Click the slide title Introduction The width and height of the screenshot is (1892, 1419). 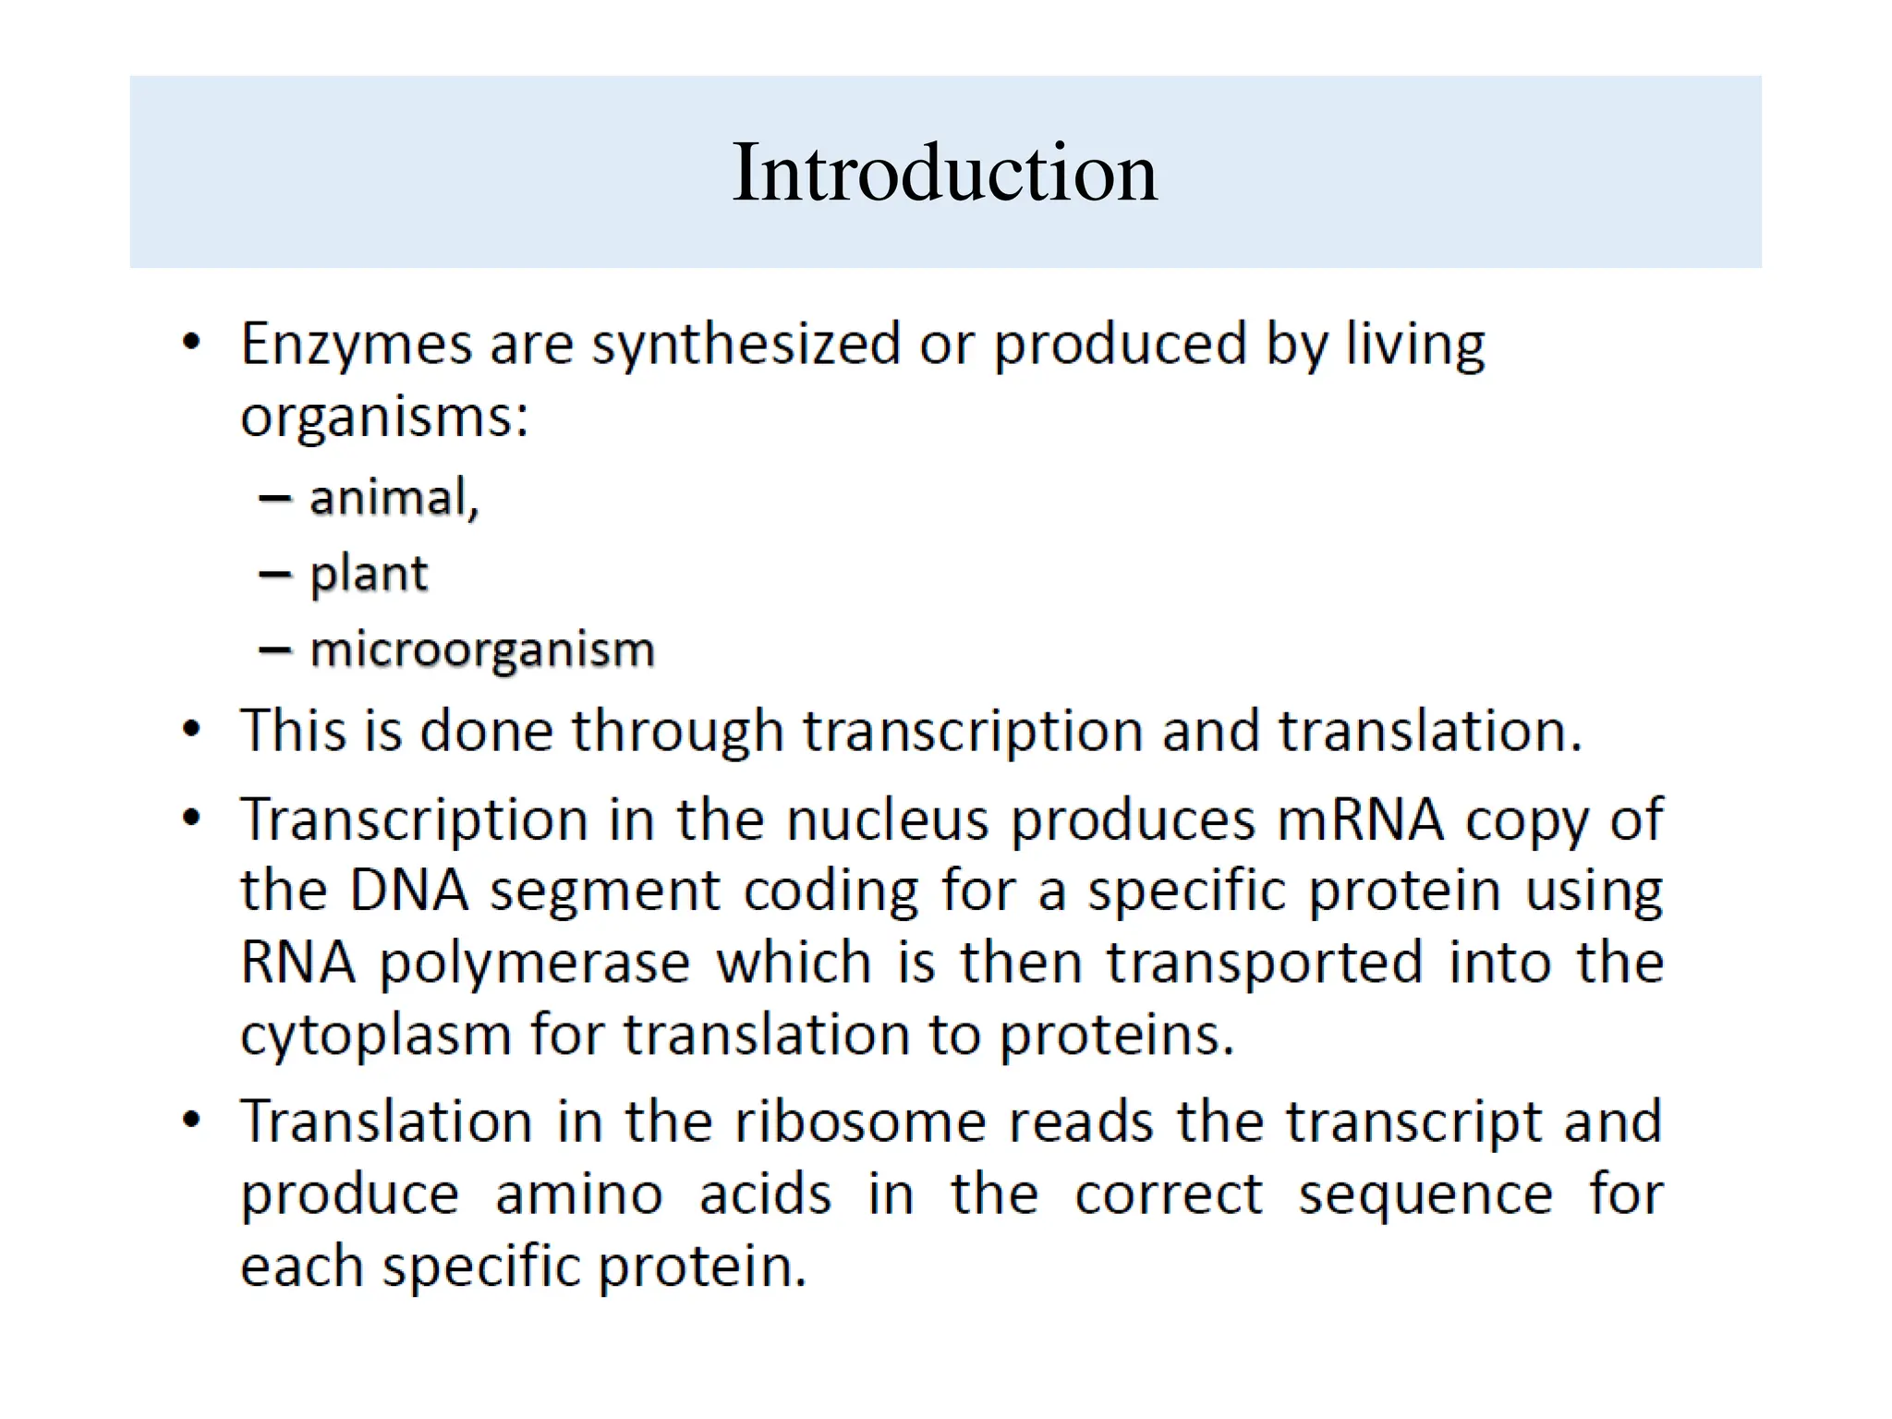click(x=944, y=173)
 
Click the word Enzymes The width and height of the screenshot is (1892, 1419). click(x=356, y=345)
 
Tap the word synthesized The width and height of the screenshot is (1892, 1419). click(x=746, y=345)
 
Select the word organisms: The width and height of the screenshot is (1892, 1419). click(x=384, y=418)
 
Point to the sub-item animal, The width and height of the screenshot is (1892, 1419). click(x=394, y=498)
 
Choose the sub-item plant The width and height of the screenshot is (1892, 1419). click(x=369, y=574)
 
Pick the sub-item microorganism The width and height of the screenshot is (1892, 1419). click(x=482, y=649)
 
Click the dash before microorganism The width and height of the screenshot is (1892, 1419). click(x=274, y=650)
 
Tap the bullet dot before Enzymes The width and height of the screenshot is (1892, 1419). click(x=191, y=343)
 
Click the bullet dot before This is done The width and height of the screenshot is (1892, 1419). click(x=191, y=730)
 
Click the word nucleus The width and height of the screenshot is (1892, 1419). click(x=888, y=820)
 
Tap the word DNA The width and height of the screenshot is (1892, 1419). click(x=409, y=891)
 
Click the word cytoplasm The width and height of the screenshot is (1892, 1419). click(x=375, y=1036)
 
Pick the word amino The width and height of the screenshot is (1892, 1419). click(x=579, y=1195)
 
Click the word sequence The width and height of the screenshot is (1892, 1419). click(x=1425, y=1196)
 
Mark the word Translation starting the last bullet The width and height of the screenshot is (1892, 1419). click(x=386, y=1122)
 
